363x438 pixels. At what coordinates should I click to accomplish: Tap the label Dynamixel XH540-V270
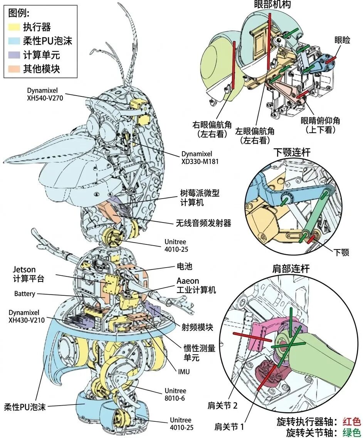45,94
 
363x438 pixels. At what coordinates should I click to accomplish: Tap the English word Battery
25,294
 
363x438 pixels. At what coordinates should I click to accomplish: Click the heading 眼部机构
272,5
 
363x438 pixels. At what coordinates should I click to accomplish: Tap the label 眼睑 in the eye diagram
343,40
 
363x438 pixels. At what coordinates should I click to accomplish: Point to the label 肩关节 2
224,405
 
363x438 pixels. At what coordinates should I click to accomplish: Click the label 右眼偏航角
212,129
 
